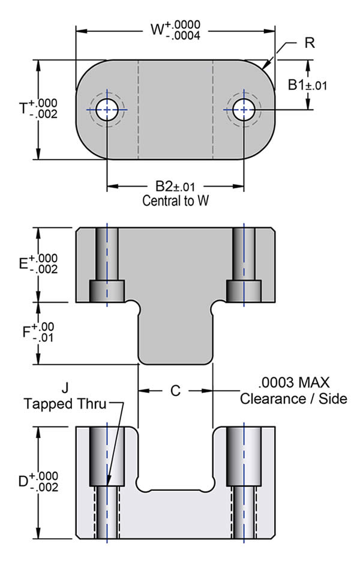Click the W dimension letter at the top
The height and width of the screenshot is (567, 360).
pyautogui.click(x=157, y=29)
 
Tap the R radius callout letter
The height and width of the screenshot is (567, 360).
pyautogui.click(x=310, y=43)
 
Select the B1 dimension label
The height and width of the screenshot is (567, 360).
pyautogui.click(x=296, y=85)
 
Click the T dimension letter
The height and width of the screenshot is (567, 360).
pyautogui.click(x=23, y=108)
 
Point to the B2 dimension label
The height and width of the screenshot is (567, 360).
pyautogui.click(x=164, y=186)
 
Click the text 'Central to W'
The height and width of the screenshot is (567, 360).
pyautogui.click(x=176, y=200)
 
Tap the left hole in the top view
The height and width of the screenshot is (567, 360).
pyautogui.click(x=107, y=109)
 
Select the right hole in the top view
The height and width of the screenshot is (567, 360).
pyautogui.click(x=244, y=109)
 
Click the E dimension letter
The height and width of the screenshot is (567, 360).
pyautogui.click(x=23, y=264)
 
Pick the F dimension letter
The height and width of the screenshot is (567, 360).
pyautogui.click(x=26, y=332)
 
